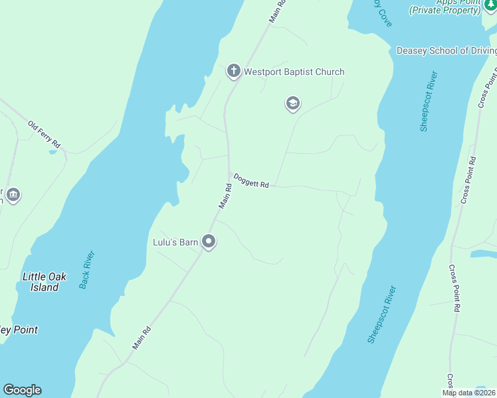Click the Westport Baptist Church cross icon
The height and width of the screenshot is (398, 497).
233,71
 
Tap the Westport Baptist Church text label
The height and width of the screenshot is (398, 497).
294,72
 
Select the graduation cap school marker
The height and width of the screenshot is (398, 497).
292,103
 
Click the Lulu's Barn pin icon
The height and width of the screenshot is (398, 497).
209,242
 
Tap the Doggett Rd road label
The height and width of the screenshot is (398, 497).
251,180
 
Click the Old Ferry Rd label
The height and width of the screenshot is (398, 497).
45,134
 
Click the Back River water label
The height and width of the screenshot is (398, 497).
87,269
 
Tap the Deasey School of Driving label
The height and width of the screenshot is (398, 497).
445,50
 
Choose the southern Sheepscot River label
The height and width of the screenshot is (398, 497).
381,314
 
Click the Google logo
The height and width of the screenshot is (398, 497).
22,390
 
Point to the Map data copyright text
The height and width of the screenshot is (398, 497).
468,393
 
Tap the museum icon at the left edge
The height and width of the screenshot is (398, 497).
13,195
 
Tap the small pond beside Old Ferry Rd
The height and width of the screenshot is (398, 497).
52,152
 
